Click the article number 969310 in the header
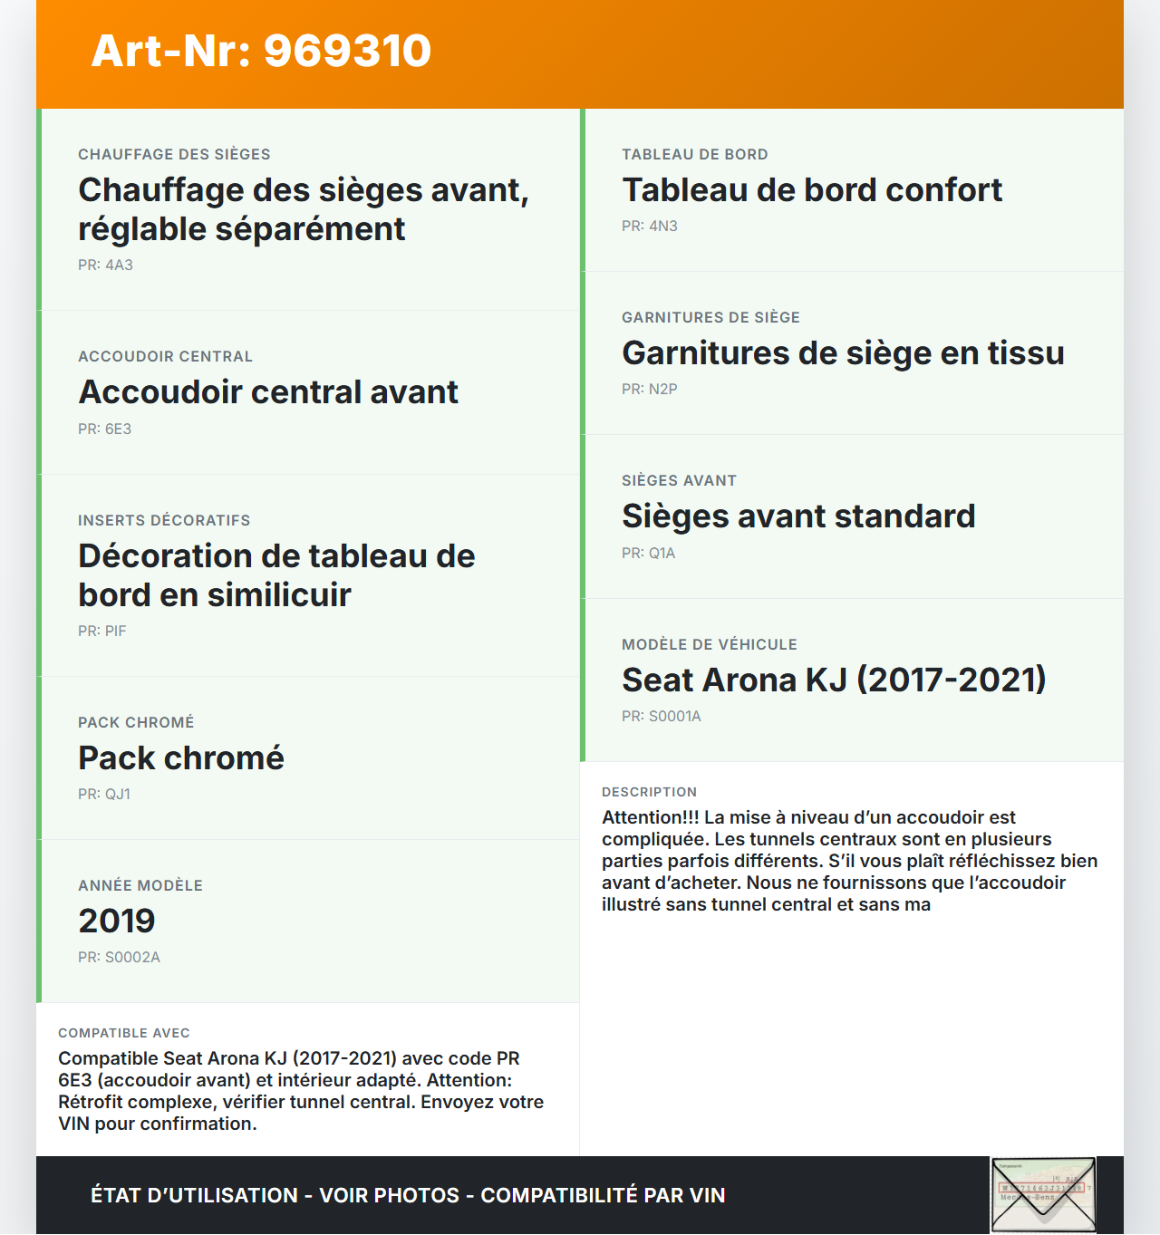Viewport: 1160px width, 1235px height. pos(347,51)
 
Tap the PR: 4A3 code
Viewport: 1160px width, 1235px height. pos(105,265)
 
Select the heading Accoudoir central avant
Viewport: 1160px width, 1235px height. pos(268,392)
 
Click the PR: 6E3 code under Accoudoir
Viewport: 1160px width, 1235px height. pos(104,429)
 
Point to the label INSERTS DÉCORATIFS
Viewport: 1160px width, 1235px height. pos(164,521)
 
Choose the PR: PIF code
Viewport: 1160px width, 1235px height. pos(101,632)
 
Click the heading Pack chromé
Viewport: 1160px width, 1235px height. pos(181,758)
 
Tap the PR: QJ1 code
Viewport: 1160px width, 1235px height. pos(104,795)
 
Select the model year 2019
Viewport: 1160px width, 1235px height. pos(117,921)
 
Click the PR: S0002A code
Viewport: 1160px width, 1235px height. pos(119,958)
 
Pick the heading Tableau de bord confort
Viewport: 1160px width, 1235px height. pos(812,190)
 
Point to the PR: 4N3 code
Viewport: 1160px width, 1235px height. pos(649,227)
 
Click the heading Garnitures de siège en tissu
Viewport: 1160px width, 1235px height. pos(843,353)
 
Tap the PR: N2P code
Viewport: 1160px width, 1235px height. pos(649,390)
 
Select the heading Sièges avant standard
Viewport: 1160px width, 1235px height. pos(798,516)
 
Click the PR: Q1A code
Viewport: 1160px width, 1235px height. pos(648,554)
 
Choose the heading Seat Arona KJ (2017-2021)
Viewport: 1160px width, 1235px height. pos(834,680)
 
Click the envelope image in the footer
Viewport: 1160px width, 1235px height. pos(1043,1195)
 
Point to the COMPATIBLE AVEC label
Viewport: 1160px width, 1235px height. pos(124,1034)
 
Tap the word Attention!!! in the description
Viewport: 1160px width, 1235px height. pos(650,818)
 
